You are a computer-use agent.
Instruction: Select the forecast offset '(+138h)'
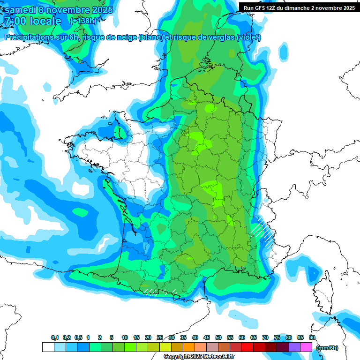(x=83, y=21)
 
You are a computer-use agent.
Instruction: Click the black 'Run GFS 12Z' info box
(x=299, y=7)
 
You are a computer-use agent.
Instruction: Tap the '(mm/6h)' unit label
(x=327, y=347)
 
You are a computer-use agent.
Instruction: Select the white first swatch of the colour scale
(x=48, y=347)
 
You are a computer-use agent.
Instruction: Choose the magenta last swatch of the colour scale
(x=306, y=347)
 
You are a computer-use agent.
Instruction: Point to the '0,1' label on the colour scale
(x=54, y=337)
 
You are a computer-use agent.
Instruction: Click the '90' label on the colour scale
(x=312, y=337)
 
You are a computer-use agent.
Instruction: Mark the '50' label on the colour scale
(x=218, y=337)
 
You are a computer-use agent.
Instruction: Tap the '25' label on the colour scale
(x=160, y=337)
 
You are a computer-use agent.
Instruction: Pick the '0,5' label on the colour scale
(x=78, y=337)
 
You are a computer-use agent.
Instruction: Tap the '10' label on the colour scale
(x=125, y=337)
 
